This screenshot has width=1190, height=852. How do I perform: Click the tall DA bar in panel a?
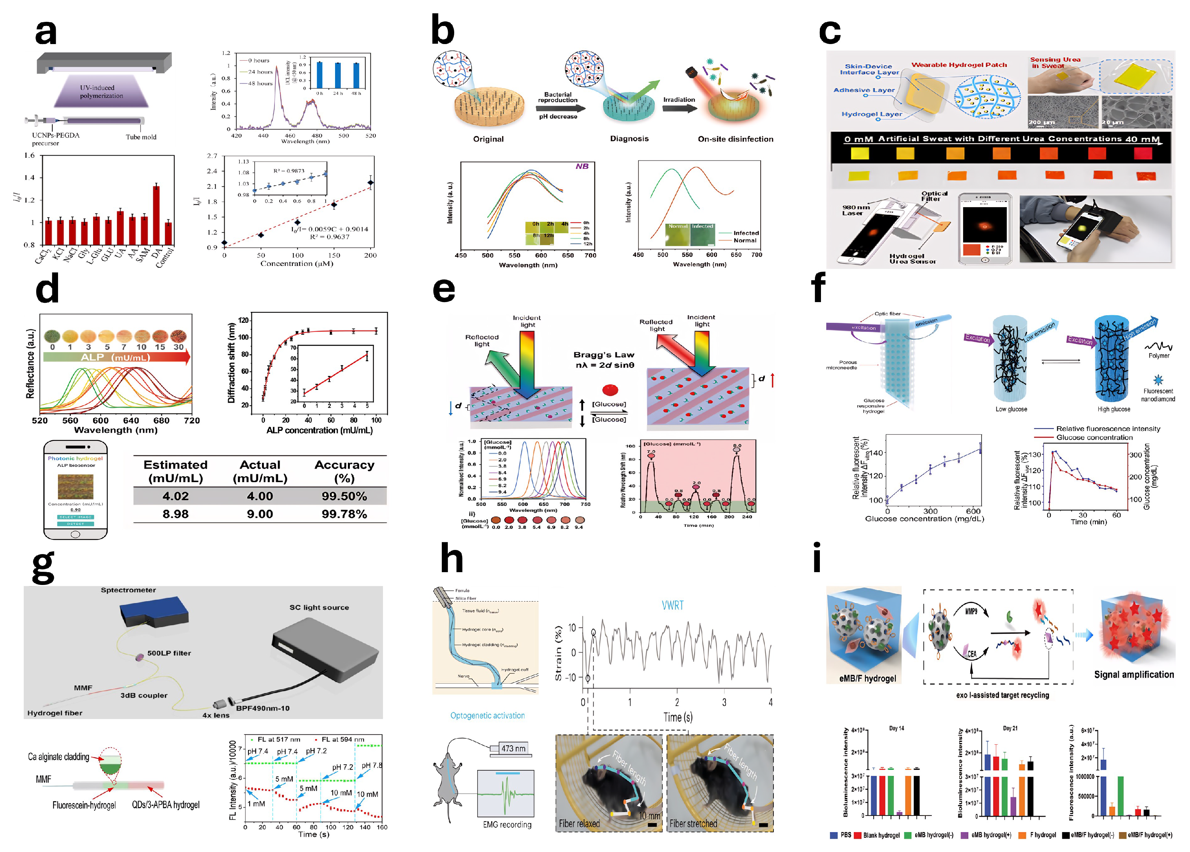coord(156,215)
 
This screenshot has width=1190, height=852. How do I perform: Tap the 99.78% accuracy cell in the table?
coord(344,514)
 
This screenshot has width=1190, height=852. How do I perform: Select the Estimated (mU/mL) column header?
coord(175,471)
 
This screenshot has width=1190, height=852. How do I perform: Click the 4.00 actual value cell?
coord(260,496)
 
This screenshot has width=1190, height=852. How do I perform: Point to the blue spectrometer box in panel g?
coord(153,611)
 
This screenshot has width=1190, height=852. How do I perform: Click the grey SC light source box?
coord(325,650)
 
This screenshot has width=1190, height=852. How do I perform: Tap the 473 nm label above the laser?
coord(513,748)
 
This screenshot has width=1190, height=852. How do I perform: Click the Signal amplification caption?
coord(1134,675)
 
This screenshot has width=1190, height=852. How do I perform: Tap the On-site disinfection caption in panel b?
coord(735,139)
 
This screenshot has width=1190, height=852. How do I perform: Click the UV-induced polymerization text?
coord(101,92)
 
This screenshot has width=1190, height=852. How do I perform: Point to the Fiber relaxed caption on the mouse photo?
coord(579,823)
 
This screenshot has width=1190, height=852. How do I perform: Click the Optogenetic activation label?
coord(487,715)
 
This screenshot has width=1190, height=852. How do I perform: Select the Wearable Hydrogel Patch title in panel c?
coord(959,65)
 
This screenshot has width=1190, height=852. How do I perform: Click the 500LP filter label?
coord(169,653)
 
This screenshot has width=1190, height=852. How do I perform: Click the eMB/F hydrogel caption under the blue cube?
coord(867,678)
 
